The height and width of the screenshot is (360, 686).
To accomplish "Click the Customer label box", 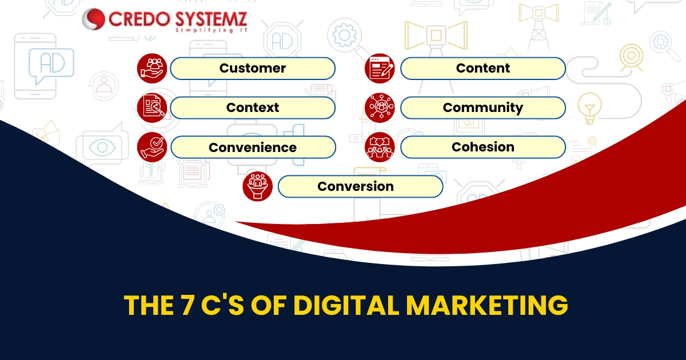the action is tap(253, 68).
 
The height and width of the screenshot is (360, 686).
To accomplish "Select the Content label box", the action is tap(483, 68).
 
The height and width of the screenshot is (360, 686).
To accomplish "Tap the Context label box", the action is tap(253, 108).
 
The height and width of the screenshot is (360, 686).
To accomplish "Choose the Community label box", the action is tap(483, 108).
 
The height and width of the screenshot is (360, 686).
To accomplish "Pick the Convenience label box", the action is tap(253, 147).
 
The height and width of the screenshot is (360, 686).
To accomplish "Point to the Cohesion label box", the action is tap(483, 147).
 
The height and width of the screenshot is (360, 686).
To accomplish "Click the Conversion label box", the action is tap(360, 186).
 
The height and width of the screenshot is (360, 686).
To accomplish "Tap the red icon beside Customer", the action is tap(152, 68).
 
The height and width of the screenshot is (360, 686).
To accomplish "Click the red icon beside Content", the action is tap(380, 68).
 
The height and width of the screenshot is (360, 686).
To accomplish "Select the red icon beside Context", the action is tap(152, 108).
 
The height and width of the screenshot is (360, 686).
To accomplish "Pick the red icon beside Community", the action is tap(380, 108).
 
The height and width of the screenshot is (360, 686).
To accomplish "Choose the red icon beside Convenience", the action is tap(152, 147).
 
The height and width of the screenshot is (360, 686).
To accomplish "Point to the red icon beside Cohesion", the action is tap(380, 147).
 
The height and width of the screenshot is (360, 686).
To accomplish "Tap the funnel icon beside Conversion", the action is tap(258, 186).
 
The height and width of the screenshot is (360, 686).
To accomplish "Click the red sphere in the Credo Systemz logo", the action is tap(93, 19).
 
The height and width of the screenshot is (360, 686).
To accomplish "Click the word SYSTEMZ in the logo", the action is tap(211, 19).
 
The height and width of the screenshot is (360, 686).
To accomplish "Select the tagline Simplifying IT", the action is tap(211, 30).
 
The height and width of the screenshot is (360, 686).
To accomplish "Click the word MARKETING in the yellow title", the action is tap(487, 305).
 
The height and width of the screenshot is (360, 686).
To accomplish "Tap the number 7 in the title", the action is tap(187, 305).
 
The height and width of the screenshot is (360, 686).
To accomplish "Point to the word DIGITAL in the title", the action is tap(346, 305).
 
